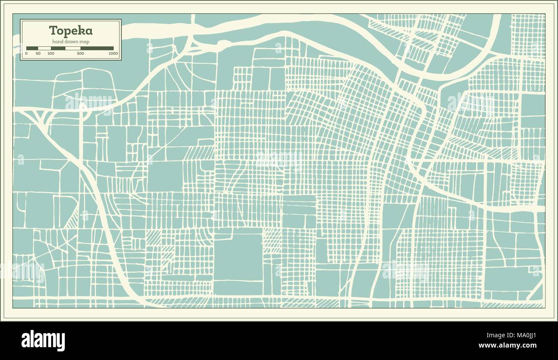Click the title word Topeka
[x=70, y=30]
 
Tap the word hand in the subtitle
[x=58, y=41]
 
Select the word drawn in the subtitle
[x=72, y=41]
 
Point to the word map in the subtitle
[x=85, y=41]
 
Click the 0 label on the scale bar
[x=26, y=54]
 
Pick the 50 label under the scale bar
[x=38, y=54]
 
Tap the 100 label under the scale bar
[x=51, y=54]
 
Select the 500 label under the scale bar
[x=80, y=54]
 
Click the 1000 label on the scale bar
[x=113, y=54]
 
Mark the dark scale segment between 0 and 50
[x=32, y=48]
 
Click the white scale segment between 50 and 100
[x=45, y=48]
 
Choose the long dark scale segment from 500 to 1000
[x=97, y=48]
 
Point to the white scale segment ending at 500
[x=73, y=48]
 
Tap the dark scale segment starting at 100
[x=58, y=48]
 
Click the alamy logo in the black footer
[x=43, y=341]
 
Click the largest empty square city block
[x=238, y=257]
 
